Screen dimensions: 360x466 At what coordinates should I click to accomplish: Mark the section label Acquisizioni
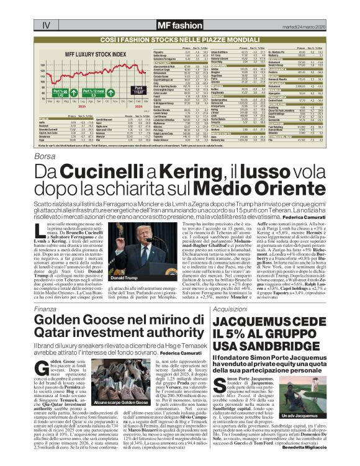(230, 308)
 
